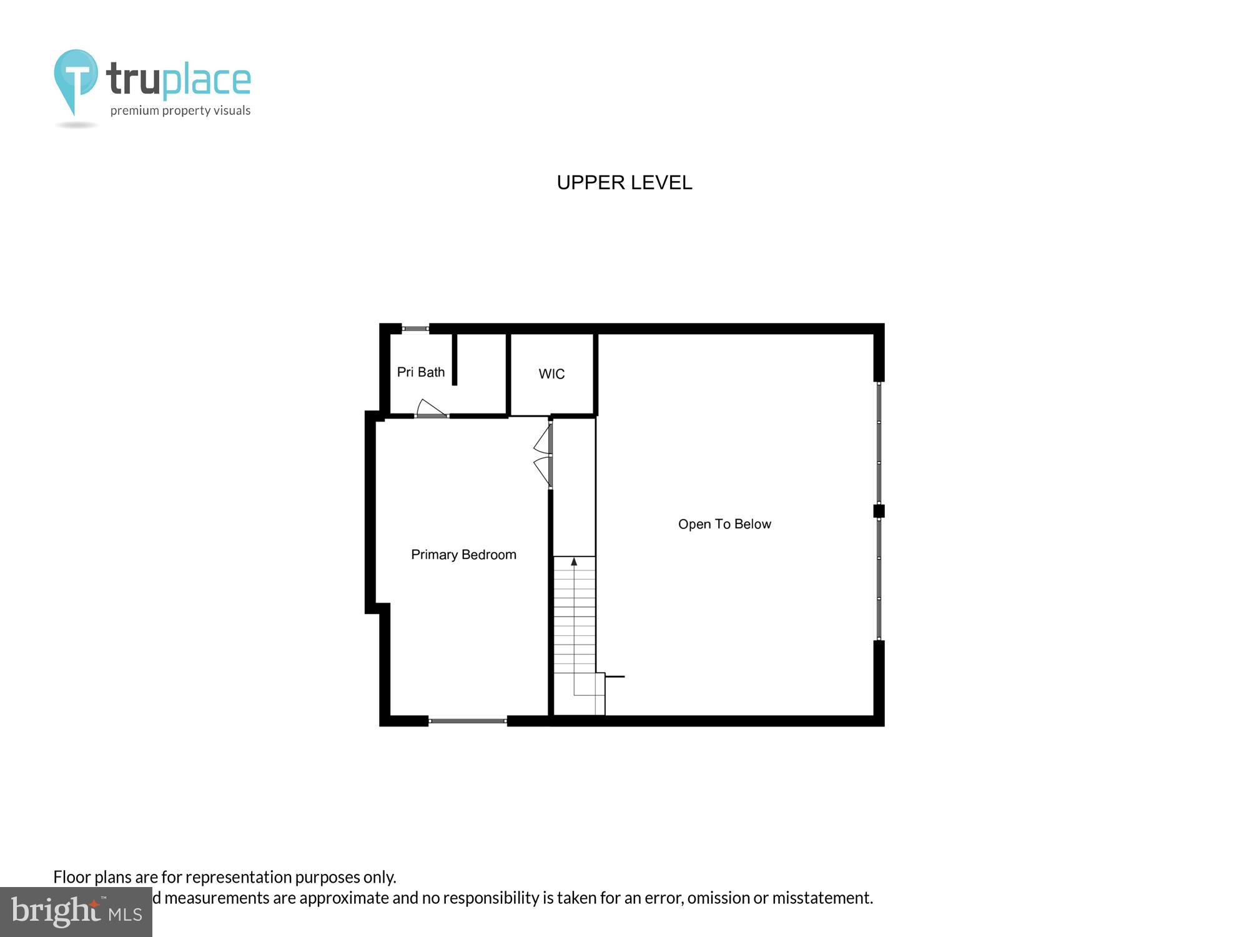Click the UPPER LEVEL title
tap(624, 182)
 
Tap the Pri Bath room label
tap(421, 372)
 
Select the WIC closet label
tap(551, 374)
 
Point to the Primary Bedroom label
tap(463, 555)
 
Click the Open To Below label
tap(724, 524)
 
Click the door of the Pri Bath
tap(431, 409)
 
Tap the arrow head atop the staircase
tap(574, 562)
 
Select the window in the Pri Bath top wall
tap(415, 329)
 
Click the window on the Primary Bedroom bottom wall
tap(468, 721)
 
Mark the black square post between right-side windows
tap(879, 511)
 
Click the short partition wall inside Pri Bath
tap(455, 359)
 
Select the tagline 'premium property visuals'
tap(180, 111)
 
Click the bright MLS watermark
tap(76, 912)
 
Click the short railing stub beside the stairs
tap(615, 677)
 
